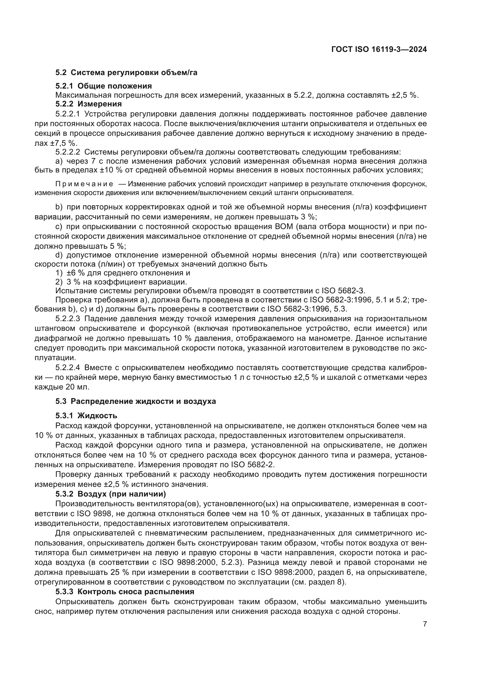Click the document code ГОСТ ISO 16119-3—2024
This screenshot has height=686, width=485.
tap(379, 49)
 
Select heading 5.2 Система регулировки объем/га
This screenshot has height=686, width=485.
tap(126, 73)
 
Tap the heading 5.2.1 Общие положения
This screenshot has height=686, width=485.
tap(103, 86)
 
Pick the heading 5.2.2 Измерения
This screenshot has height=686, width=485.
tap(88, 104)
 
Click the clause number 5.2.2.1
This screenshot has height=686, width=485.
tap(67, 114)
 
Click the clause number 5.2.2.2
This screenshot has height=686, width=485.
tap(67, 152)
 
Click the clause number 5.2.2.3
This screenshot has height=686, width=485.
tap(67, 319)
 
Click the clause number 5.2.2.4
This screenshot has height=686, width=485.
tap(67, 367)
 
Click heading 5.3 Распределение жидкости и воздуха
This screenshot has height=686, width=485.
tap(135, 401)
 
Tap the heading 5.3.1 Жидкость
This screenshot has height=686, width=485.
tap(86, 416)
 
